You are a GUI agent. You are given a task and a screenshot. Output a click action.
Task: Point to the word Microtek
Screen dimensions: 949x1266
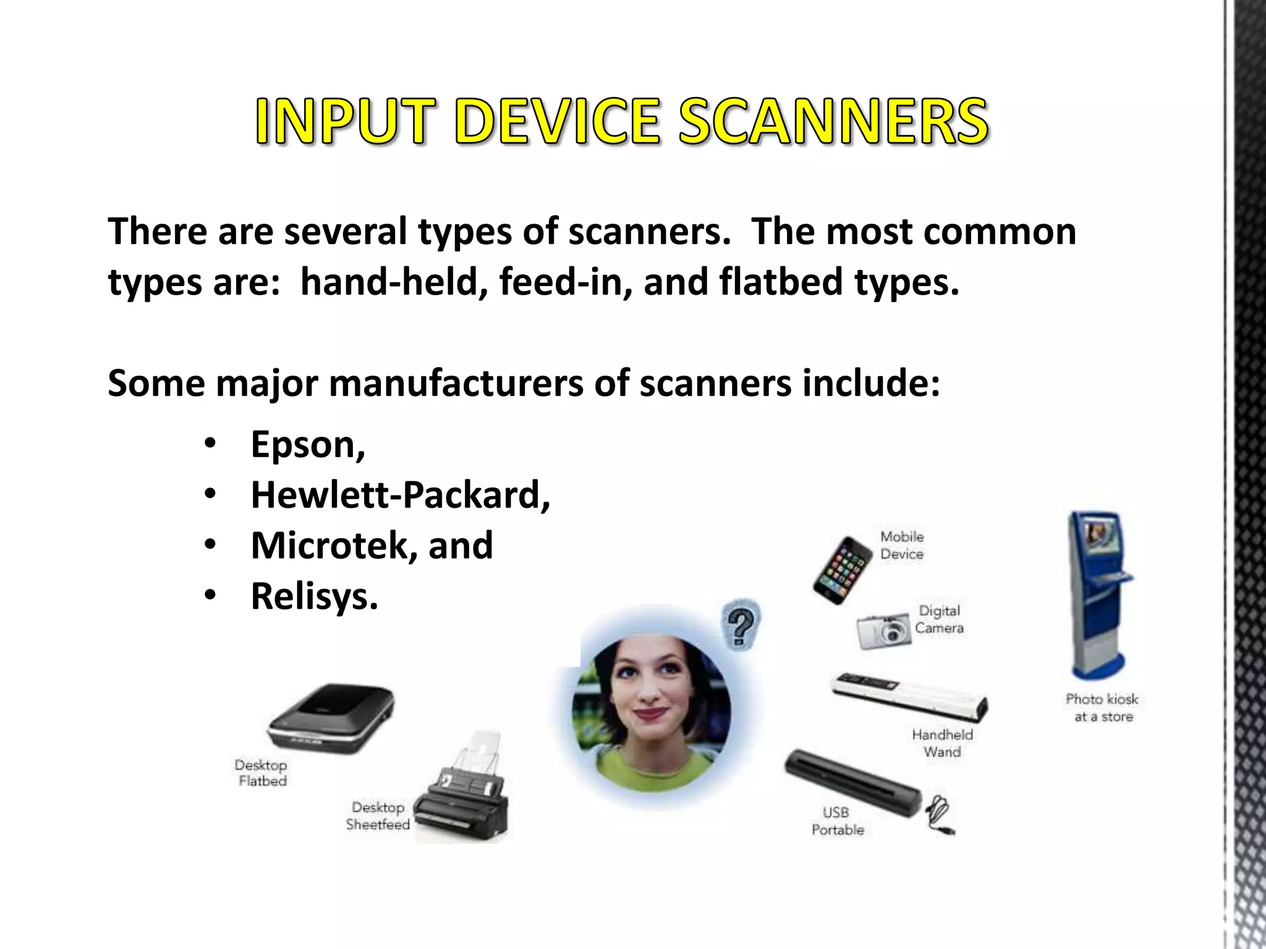point(328,546)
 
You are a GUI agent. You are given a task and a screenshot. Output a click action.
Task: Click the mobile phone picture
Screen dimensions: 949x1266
point(842,570)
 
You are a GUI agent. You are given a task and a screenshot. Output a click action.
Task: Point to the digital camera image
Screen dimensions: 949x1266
point(885,630)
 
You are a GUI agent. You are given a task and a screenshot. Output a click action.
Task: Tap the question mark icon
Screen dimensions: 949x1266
point(741,625)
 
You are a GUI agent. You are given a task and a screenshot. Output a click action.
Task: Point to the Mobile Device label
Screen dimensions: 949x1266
point(902,545)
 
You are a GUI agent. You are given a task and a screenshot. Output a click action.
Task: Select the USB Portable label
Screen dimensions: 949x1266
point(837,821)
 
